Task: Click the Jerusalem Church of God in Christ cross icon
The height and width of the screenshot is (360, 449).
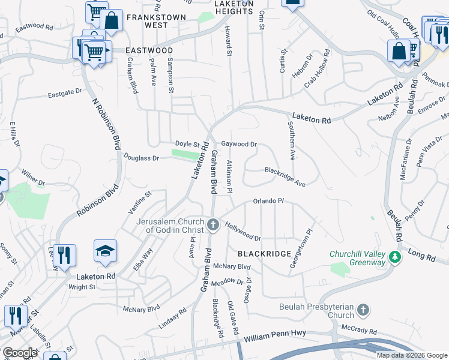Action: point(213,226)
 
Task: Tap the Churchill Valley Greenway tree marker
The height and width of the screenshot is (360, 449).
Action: point(394,257)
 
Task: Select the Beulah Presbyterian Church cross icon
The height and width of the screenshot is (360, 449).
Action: point(363,310)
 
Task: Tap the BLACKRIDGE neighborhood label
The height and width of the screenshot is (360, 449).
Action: point(265,254)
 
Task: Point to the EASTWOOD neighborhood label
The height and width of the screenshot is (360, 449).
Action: point(149,50)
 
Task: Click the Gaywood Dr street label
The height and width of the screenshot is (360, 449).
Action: point(239,145)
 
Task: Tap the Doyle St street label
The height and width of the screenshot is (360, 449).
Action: point(187,144)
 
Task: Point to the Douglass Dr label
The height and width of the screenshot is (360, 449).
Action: point(141,158)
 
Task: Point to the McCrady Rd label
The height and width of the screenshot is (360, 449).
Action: point(360,331)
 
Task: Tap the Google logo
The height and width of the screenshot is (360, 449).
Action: point(19,353)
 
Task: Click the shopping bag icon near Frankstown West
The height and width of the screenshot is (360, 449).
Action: point(112,20)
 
